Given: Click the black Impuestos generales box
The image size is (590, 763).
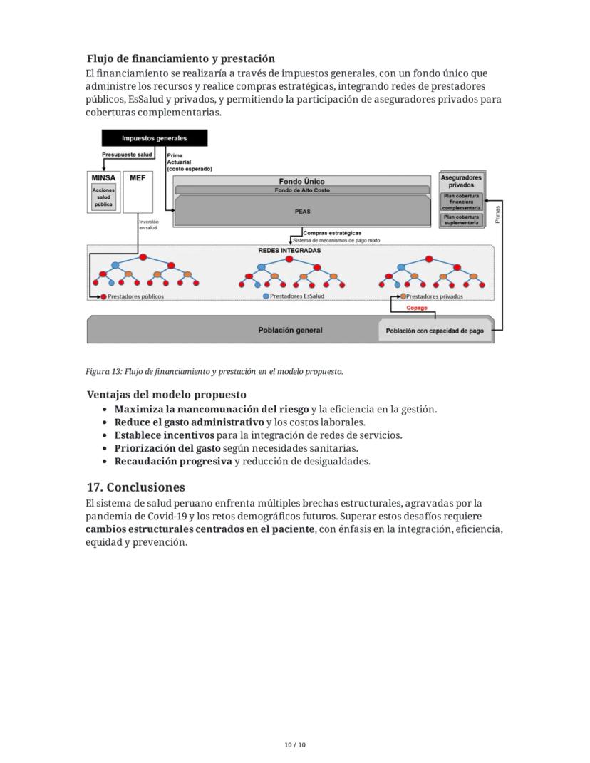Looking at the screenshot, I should click(154, 138).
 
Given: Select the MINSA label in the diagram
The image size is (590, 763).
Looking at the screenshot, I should click(103, 177).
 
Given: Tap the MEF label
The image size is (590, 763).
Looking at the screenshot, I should click(138, 177).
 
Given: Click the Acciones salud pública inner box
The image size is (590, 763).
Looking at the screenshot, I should click(103, 197).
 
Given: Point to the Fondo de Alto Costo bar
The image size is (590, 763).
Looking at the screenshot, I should click(302, 190).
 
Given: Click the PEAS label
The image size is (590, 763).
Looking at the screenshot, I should click(302, 212).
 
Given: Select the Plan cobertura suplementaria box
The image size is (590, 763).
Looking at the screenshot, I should click(461, 219).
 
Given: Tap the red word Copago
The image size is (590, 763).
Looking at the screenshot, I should click(417, 308).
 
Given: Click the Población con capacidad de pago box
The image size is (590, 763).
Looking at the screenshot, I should click(435, 331).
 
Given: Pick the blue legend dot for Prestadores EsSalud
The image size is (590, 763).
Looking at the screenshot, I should click(266, 296).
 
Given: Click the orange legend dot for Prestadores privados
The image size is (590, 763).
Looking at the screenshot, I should click(403, 296).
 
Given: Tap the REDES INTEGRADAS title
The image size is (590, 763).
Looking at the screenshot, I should click(289, 251).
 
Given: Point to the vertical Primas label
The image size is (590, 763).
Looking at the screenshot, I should click(497, 214).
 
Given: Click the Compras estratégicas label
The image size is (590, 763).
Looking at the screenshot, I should click(332, 233).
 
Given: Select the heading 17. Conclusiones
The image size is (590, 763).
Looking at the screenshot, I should click(135, 487).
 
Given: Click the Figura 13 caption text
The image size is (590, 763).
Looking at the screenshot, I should click(214, 371).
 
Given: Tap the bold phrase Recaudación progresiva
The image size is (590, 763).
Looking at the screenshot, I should click(173, 461).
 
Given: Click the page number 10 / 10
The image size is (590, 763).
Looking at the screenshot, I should click(295, 745).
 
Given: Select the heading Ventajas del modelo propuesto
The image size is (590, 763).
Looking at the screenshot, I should click(166, 394).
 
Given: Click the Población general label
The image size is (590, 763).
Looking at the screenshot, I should click(289, 331).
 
